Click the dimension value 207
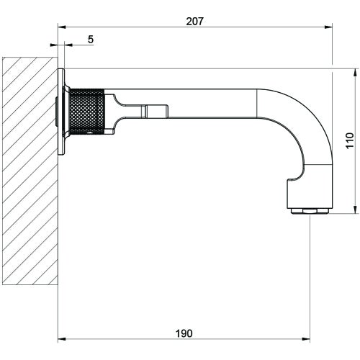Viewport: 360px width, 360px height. [x=194, y=21]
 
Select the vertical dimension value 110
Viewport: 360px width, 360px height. [x=350, y=141]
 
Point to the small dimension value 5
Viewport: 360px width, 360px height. [x=90, y=40]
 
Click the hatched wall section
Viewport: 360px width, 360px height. [x=30, y=174]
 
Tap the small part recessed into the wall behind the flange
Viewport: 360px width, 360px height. [x=58, y=111]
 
